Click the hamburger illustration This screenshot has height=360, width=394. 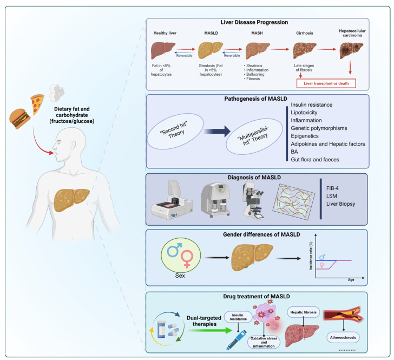20,119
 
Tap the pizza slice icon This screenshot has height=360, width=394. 37,104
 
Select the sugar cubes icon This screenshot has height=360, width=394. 56,93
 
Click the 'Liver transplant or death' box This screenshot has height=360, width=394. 326,83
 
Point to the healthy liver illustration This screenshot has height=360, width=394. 163,50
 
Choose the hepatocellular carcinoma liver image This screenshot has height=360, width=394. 351,50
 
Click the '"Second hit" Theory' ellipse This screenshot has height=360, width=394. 175,131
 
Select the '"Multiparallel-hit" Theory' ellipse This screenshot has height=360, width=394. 254,136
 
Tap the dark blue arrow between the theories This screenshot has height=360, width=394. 218,131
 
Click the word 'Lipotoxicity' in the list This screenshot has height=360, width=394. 304,113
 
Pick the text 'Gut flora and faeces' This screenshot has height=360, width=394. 315,159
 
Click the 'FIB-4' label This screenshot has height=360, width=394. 332,188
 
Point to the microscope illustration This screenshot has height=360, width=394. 253,201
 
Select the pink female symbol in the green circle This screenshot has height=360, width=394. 187,259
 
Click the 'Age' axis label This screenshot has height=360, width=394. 351,280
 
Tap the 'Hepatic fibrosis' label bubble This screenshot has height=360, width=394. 303,312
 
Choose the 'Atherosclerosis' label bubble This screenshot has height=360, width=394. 343,338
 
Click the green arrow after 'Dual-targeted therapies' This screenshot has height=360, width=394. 209,330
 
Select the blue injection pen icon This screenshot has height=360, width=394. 237,340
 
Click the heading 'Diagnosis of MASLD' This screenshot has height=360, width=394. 254,178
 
